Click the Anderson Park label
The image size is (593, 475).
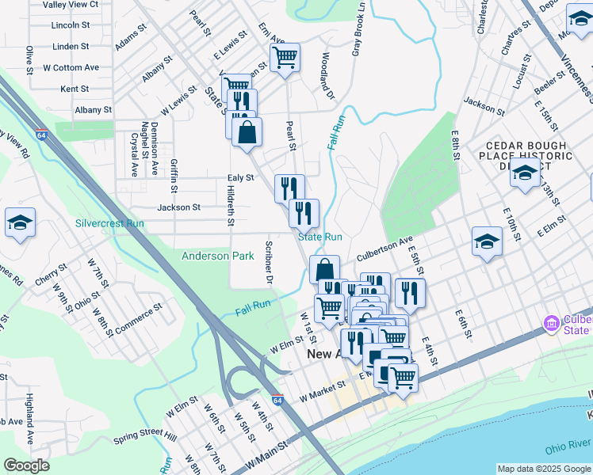(217, 256)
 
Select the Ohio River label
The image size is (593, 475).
(568, 448)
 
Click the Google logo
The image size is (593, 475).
(26, 465)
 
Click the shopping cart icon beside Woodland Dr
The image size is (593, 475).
(285, 57)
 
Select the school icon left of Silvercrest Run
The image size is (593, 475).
(20, 222)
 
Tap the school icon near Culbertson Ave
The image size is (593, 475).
(488, 242)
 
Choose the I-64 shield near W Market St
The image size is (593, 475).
(277, 401)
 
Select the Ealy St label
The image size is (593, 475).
(240, 178)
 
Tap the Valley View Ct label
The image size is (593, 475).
(71, 4)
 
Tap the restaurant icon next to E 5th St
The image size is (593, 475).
(410, 292)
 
